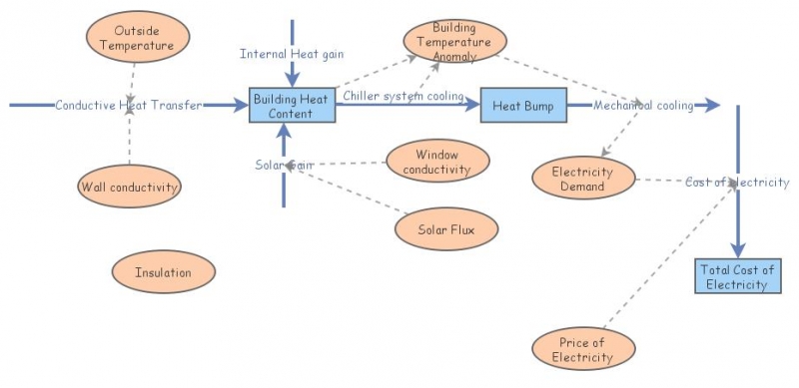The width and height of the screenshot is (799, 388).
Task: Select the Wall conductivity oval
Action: [129, 186]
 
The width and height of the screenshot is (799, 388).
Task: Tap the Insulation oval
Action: [163, 271]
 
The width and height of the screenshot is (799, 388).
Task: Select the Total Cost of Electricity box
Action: [737, 276]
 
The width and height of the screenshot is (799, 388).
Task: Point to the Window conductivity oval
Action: [437, 162]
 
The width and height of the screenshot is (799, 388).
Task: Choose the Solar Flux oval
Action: [445, 229]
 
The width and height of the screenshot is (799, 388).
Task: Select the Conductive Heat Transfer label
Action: [129, 105]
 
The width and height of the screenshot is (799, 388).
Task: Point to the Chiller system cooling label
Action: [403, 96]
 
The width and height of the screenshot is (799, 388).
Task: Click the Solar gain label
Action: [284, 164]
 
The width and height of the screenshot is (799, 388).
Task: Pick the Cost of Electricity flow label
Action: [737, 182]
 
